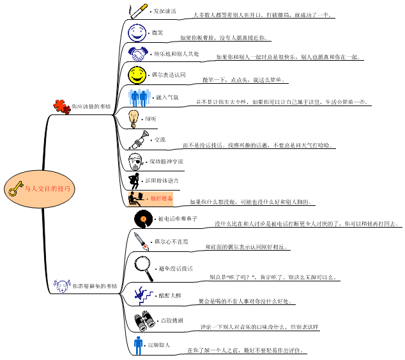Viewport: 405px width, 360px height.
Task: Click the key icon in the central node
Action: (x=15, y=189)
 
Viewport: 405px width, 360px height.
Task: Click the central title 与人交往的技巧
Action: (x=48, y=189)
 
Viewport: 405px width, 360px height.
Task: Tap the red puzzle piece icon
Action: (x=61, y=106)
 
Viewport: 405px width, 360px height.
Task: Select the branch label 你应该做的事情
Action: (x=91, y=106)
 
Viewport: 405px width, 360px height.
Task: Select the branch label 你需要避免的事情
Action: (x=95, y=286)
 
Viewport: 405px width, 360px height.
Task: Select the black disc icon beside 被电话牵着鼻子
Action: (x=144, y=219)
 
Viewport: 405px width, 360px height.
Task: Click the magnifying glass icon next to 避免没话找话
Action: (x=144, y=263)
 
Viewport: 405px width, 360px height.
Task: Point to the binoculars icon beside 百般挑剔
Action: (x=142, y=320)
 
